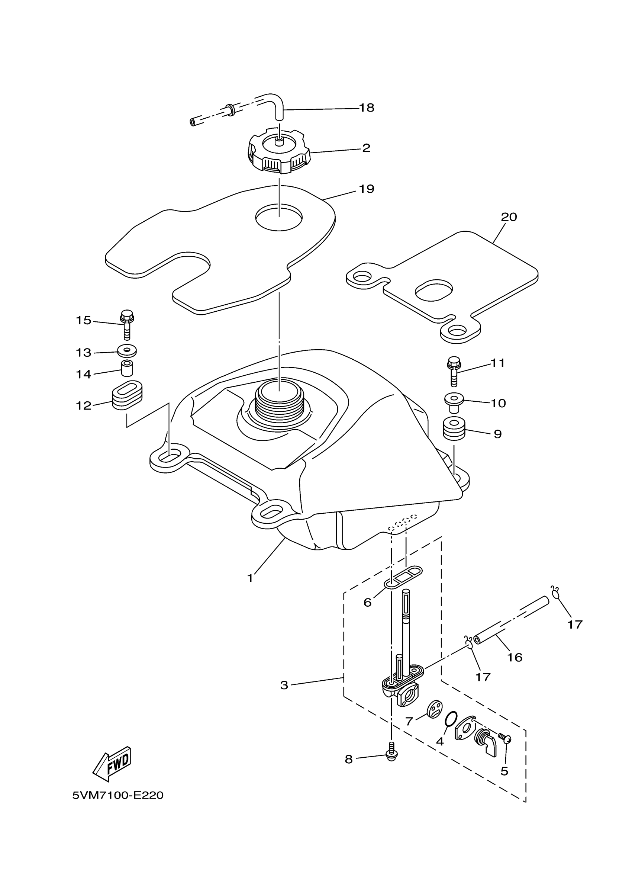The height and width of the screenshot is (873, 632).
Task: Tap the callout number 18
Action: (367, 108)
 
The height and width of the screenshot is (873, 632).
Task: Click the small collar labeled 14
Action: (127, 368)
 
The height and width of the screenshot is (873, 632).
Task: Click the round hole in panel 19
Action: (279, 217)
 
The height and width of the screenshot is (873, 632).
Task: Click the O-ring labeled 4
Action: (451, 718)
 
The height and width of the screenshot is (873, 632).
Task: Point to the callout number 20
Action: (509, 217)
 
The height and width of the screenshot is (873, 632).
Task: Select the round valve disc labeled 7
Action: (434, 709)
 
